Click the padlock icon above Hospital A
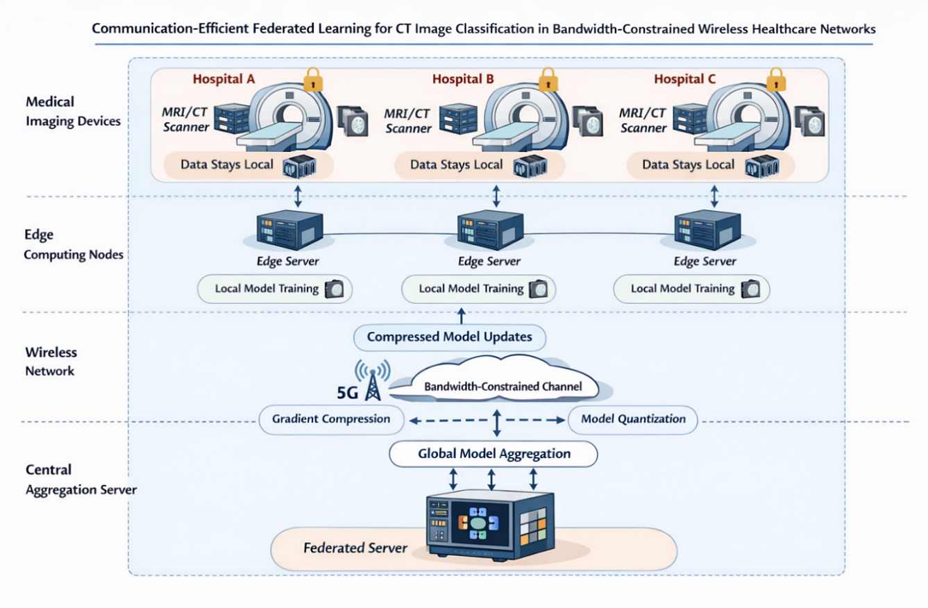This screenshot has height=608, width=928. point(313,78)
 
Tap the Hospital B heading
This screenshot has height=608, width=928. point(463,79)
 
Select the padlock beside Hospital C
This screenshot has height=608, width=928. point(775,78)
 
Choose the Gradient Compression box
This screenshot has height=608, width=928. point(330,419)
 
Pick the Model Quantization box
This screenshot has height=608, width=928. point(633,419)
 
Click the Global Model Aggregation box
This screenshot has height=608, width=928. point(493,454)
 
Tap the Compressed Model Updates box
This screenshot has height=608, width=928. point(449,338)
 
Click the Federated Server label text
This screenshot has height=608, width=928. point(355,548)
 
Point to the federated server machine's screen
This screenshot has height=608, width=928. point(479,522)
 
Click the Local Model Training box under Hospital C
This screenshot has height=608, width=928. point(691,289)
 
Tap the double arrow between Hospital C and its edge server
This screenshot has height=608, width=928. point(714,196)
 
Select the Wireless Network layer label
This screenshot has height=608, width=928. point(51,362)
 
